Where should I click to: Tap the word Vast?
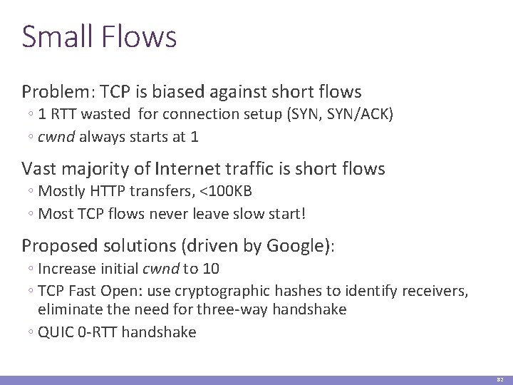coord(38,169)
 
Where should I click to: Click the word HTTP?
coord(102,192)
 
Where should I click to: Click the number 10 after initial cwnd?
coord(210,269)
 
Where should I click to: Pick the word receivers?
coord(434,290)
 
